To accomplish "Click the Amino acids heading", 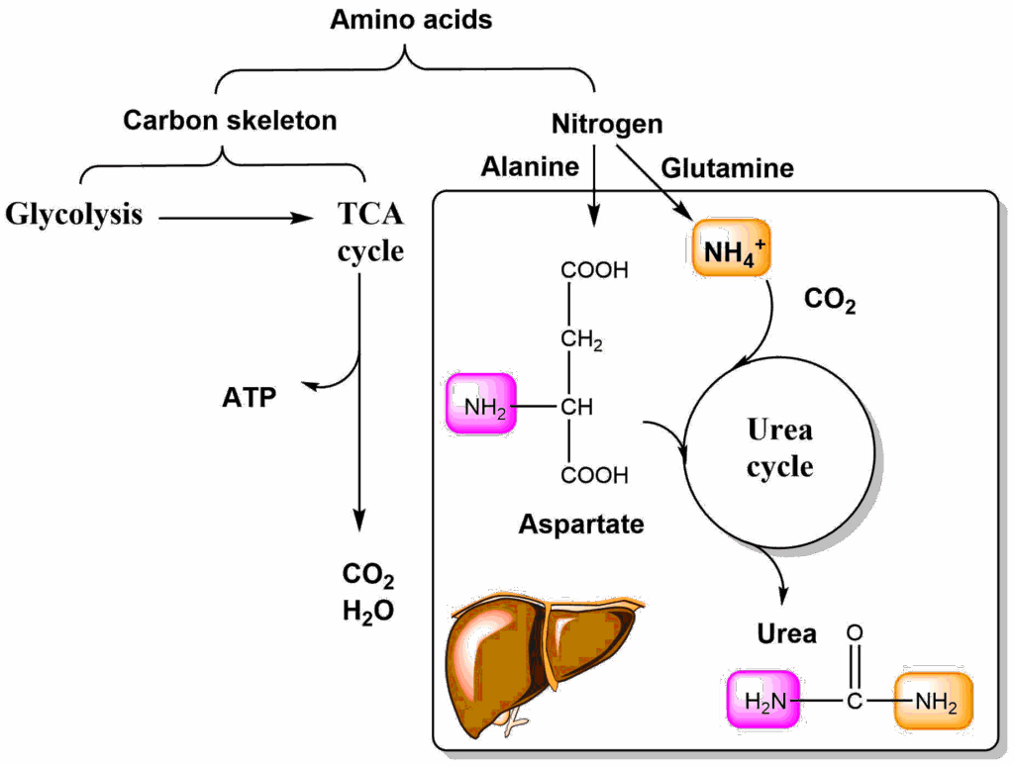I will [411, 20].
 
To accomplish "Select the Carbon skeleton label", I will [230, 121].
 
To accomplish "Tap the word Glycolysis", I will [74, 214].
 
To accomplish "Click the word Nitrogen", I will [606, 125].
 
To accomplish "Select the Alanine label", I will [530, 166].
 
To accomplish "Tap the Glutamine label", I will [727, 168].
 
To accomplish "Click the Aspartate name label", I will [580, 524].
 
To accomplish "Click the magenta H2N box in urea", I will [762, 703].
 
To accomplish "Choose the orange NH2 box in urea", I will [934, 703].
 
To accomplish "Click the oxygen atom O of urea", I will [856, 631].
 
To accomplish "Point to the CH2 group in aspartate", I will [581, 339].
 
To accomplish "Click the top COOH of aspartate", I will [594, 270].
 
